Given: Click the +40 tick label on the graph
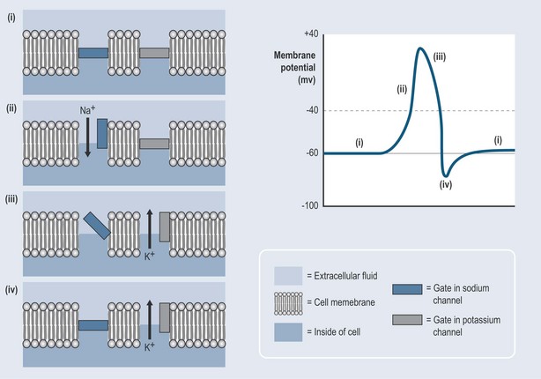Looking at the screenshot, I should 309,33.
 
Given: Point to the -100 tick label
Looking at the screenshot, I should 308,205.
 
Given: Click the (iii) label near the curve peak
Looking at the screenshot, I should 439,56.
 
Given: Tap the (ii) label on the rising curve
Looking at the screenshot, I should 403,88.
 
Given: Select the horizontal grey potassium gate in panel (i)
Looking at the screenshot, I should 154,54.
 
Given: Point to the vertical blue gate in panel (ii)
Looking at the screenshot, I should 102,133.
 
